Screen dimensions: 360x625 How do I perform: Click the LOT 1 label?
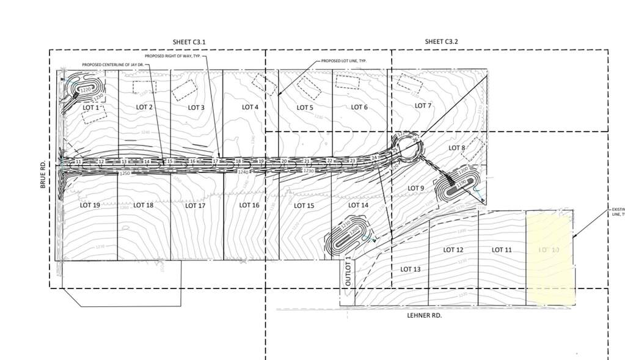(x=90, y=108)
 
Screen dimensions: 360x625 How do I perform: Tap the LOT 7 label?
(x=423, y=106)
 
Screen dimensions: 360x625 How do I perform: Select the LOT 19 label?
(x=90, y=205)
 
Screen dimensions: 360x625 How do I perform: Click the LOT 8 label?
(x=457, y=148)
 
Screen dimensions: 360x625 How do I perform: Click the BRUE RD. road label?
(x=43, y=175)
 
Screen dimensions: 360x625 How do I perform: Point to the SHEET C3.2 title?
(x=441, y=42)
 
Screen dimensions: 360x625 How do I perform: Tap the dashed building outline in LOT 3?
(x=184, y=90)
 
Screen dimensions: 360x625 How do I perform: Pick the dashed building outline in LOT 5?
(x=309, y=88)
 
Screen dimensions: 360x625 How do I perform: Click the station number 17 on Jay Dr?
(x=216, y=161)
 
